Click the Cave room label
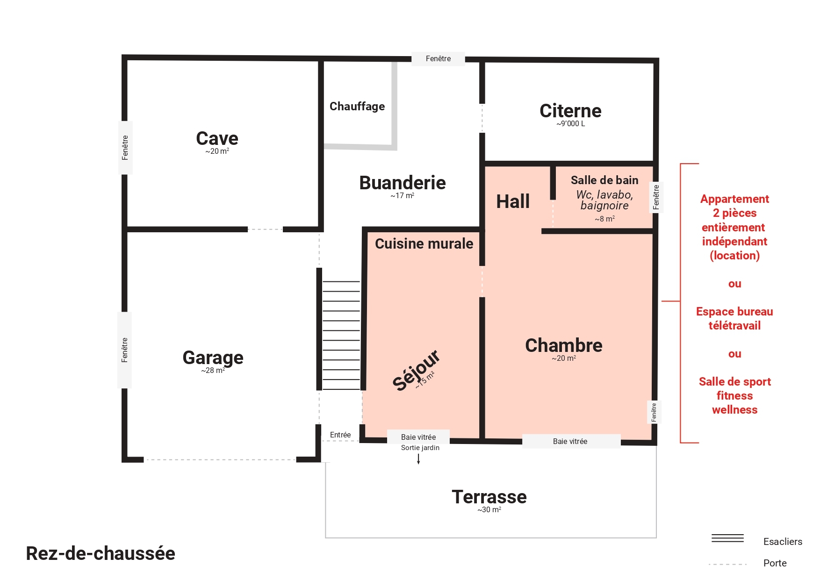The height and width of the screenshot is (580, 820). pos(217,139)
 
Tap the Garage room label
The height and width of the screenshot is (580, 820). pos(213,358)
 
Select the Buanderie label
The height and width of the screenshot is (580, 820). pos(402,183)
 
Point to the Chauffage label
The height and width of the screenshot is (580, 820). pos(357,107)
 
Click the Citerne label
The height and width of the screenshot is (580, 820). pos(570,111)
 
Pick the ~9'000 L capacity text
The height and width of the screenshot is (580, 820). pos(570,124)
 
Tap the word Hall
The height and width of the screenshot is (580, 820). pos(513,201)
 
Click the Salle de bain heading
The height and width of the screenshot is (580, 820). pos(604,180)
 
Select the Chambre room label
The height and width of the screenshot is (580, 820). pos(563,345)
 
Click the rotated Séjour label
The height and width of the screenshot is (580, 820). pos(416,370)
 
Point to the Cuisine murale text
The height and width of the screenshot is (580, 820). pos(424,243)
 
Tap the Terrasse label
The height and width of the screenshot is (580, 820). pos(489,497)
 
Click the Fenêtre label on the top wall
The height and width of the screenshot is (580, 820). pos(438,59)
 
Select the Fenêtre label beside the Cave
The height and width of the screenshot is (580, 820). pos(125,148)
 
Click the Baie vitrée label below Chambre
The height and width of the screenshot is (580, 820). pos(570,441)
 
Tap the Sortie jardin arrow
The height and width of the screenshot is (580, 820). pos(418,459)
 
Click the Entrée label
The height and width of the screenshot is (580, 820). pos(340,435)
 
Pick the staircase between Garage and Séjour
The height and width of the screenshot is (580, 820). pos(341,335)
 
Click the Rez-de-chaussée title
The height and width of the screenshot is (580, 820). pos(101,553)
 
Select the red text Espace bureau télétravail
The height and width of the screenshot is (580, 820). pos(734,318)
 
